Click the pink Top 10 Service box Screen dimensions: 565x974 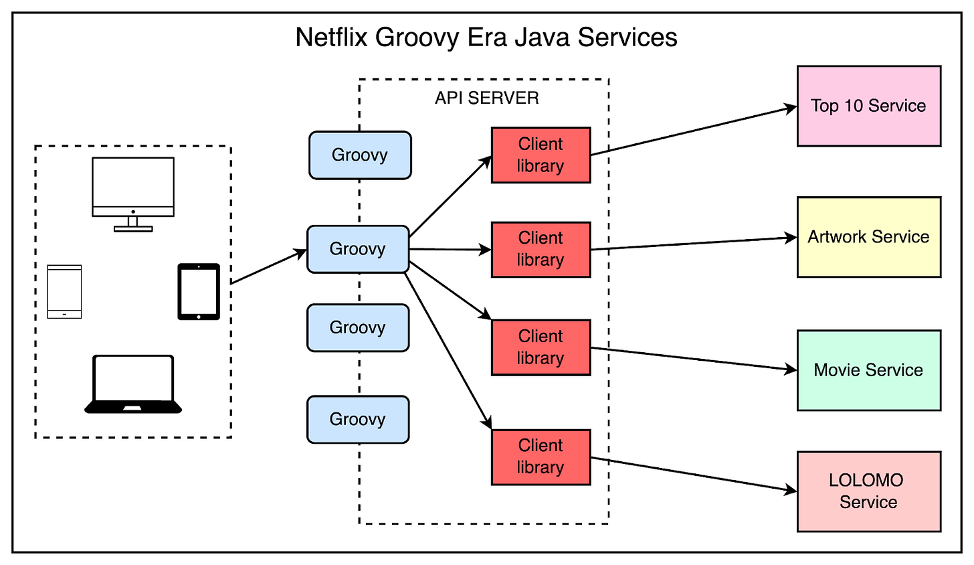click(x=868, y=106)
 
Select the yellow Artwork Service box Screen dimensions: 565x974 click(x=868, y=236)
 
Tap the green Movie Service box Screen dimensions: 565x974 click(x=868, y=370)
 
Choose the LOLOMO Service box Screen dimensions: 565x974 click(x=868, y=491)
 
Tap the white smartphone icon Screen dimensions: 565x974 click(x=64, y=291)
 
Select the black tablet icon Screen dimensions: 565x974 click(x=199, y=291)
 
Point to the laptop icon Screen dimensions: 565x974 click(x=133, y=384)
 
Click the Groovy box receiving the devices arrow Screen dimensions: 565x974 click(x=358, y=249)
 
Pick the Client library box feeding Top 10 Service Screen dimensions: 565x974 click(x=541, y=155)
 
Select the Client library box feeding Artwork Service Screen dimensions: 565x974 click(x=541, y=249)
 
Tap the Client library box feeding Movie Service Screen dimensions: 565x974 click(x=541, y=347)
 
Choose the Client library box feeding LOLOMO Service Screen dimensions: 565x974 click(x=541, y=457)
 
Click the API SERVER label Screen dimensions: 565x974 click(x=486, y=98)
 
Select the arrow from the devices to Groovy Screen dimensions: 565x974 click(x=268, y=266)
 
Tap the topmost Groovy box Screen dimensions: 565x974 click(x=360, y=155)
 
